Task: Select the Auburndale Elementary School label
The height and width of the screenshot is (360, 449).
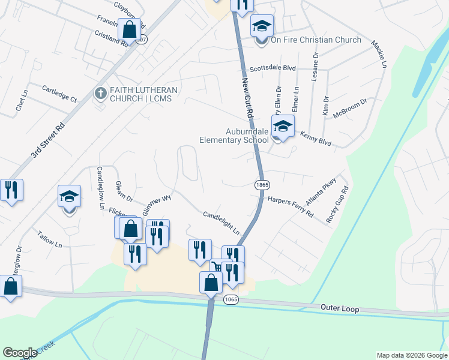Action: coord(234,136)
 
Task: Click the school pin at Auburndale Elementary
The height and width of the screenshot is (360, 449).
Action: coord(282,127)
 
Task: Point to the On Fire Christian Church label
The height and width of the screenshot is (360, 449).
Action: coord(316,40)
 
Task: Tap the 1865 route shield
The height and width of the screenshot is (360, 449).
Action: coord(261,185)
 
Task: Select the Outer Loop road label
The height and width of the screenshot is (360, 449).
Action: coord(340,309)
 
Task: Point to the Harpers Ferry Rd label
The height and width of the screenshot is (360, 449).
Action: coord(291,206)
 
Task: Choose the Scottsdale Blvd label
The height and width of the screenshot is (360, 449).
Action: coord(273,68)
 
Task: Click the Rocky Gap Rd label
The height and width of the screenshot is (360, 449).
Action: coord(337,205)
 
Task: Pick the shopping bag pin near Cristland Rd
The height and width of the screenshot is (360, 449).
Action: coord(129,28)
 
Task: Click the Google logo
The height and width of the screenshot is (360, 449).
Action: coord(20,353)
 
